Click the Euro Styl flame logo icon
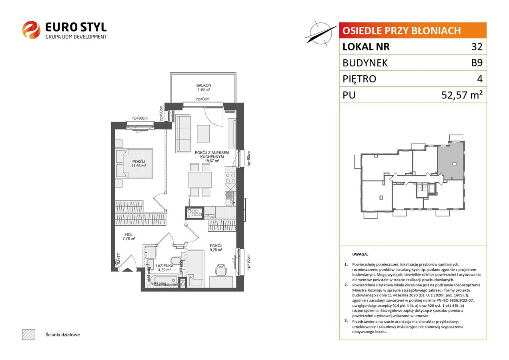point(31,30)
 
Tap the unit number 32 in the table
point(477,47)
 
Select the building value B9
point(477,63)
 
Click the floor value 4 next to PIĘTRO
point(480,79)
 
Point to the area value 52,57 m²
point(462,95)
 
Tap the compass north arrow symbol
point(321,34)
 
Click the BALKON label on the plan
point(204,86)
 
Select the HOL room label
point(128,234)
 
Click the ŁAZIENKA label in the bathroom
point(164,266)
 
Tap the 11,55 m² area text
point(138,166)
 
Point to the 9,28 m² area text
point(216,250)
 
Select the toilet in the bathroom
point(176,260)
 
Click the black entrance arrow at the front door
point(128,270)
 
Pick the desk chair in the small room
point(221,270)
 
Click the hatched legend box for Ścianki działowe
point(29,334)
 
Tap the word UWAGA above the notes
point(360,254)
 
